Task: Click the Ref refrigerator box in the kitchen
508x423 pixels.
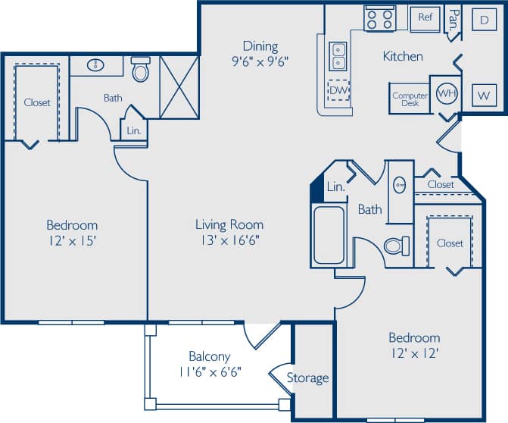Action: pos(425,17)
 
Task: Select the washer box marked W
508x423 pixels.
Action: pos(482,96)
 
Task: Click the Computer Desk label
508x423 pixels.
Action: pos(410,99)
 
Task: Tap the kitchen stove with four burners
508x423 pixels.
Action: pos(380,17)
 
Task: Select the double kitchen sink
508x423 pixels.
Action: pos(338,55)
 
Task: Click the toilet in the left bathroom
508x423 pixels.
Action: pos(141,70)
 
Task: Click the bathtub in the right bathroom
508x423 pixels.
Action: pos(329,234)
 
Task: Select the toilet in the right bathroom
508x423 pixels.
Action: pos(396,246)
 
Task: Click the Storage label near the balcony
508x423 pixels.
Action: pos(308,378)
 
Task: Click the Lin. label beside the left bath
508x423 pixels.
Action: pos(133,130)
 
